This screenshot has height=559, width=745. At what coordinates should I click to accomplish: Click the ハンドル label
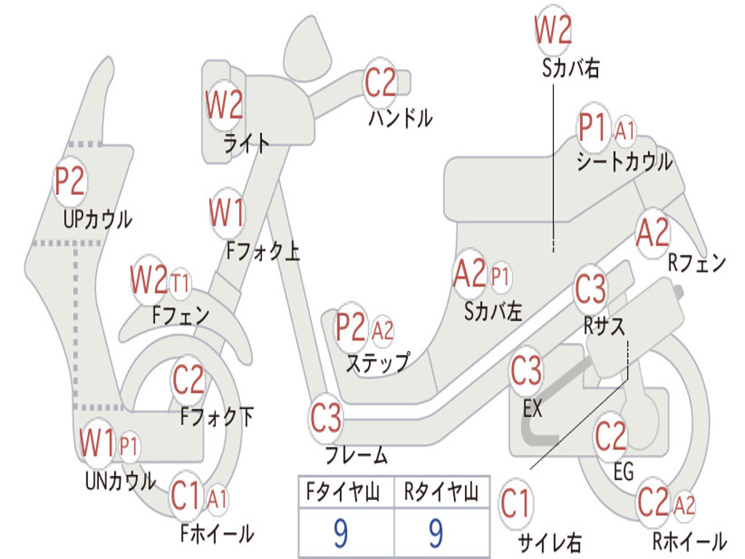[399, 117]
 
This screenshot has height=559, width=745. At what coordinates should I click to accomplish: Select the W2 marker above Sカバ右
[553, 31]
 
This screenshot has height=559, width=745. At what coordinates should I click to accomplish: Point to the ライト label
[246, 143]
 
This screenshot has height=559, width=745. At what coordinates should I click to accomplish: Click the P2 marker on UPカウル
[70, 181]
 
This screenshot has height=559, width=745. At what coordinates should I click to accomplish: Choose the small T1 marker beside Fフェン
[180, 282]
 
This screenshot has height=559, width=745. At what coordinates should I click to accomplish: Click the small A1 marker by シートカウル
[625, 132]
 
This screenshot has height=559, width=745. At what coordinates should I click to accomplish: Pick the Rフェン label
[696, 263]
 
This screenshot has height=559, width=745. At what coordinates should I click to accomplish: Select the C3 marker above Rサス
[590, 289]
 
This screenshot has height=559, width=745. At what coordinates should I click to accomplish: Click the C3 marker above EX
[526, 371]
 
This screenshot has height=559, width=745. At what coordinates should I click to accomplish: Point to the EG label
[624, 472]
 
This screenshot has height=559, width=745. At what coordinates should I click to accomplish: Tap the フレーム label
[356, 456]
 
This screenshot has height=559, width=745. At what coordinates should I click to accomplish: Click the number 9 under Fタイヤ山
[340, 535]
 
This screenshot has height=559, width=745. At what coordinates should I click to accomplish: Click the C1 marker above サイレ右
[516, 504]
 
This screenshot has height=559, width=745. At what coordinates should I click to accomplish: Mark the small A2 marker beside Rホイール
[685, 504]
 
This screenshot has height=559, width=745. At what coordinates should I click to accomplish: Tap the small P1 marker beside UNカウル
[129, 445]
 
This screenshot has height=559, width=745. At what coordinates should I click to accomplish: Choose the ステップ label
[377, 362]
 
